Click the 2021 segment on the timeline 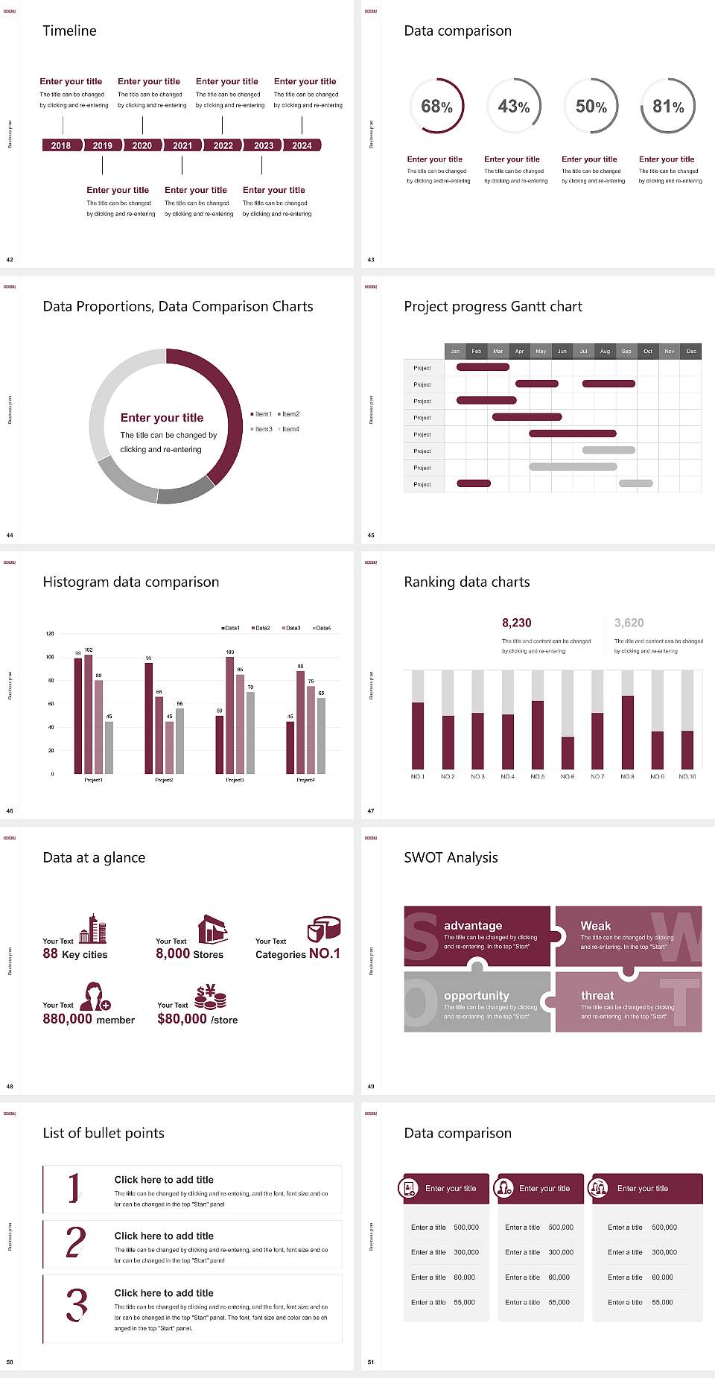tap(182, 146)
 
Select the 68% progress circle tap(436, 107)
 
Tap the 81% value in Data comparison tap(668, 107)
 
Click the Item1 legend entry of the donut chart tap(262, 414)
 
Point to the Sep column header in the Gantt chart tap(626, 351)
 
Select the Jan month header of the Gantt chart tap(455, 351)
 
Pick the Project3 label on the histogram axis tap(235, 780)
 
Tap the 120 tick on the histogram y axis tap(50, 634)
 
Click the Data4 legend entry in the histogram tap(322, 628)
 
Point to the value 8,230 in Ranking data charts tap(517, 623)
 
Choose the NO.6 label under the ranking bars tap(568, 776)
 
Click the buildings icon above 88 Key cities tap(93, 929)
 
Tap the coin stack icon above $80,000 tap(211, 997)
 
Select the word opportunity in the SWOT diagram tap(477, 996)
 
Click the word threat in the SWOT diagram tap(597, 996)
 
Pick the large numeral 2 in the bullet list tap(76, 1242)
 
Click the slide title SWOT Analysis tap(451, 857)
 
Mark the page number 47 tap(371, 810)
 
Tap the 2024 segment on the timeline tap(302, 146)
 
